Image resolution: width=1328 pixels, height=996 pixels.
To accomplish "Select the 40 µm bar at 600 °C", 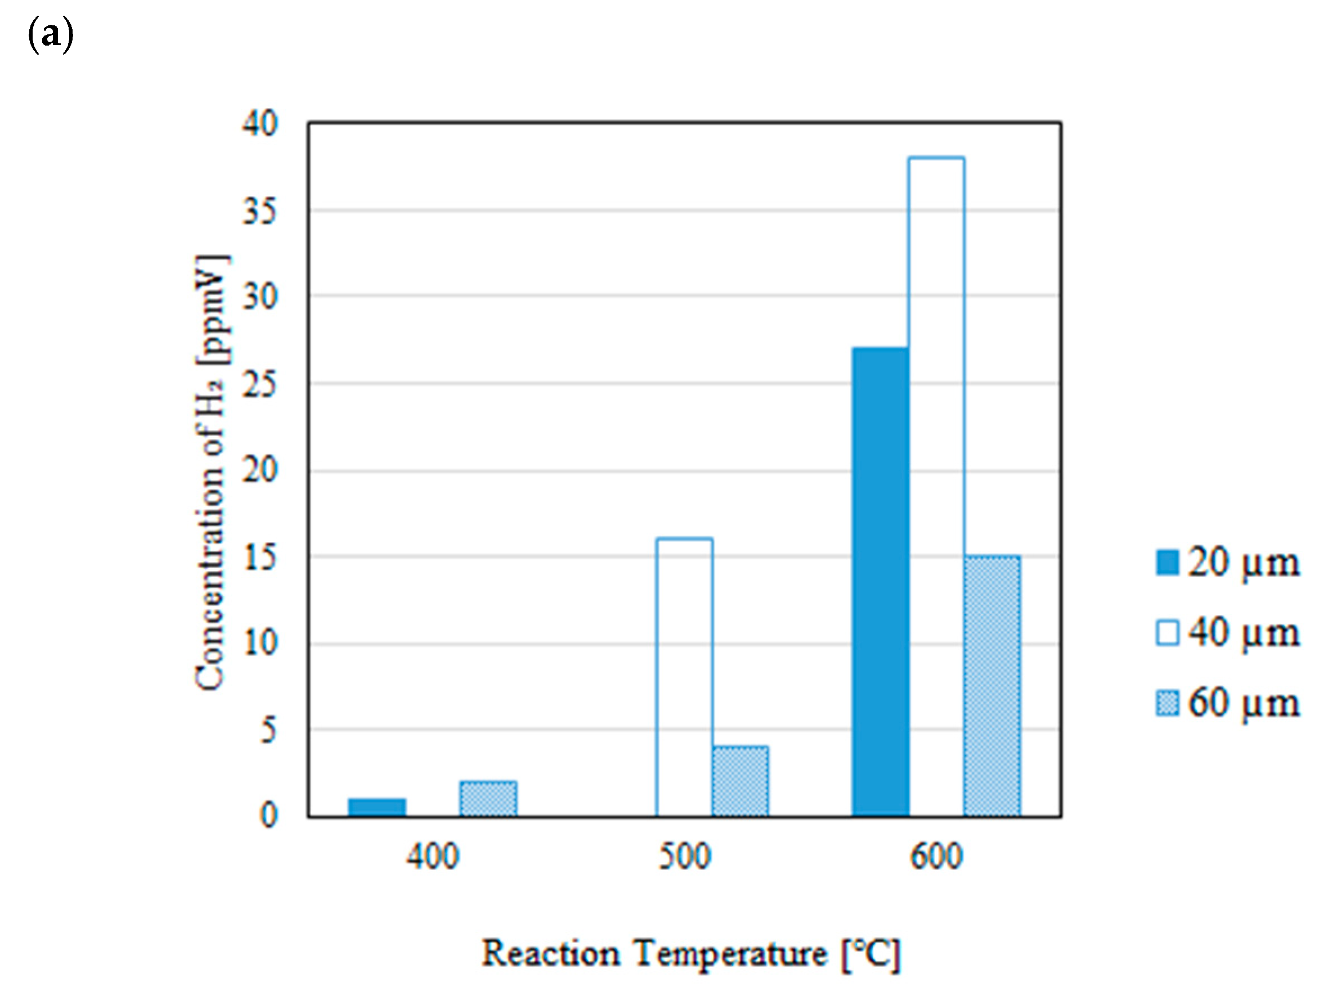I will [x=936, y=486].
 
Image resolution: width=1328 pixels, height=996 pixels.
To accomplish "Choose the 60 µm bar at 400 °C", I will [x=488, y=798].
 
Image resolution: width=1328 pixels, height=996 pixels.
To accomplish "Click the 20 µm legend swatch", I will [x=1167, y=563].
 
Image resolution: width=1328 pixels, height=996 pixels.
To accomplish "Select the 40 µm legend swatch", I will [x=1167, y=633].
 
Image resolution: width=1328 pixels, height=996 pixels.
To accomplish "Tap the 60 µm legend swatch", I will [x=1167, y=702].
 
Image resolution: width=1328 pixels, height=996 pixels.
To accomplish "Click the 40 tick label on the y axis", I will [x=260, y=124].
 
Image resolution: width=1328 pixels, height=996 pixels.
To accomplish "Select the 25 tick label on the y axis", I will [x=260, y=384].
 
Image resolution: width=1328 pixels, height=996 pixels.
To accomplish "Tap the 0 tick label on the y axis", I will [x=268, y=816].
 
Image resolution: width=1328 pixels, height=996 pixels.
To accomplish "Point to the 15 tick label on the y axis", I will [x=260, y=558].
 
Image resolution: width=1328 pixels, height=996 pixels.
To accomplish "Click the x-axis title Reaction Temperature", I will [x=690, y=953].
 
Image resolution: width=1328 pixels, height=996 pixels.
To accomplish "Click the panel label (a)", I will [x=51, y=34].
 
